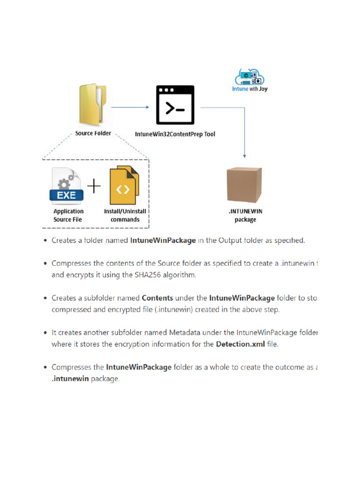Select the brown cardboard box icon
coord(244,185)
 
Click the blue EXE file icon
coord(67,186)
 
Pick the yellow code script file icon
coord(124,186)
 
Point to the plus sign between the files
coord(94,187)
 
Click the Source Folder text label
coord(93,133)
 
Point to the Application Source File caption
coord(68,215)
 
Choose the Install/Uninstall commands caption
coord(125,215)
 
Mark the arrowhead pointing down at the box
coord(245,155)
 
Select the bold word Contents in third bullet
coord(157,298)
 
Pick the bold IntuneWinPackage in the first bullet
coord(163,240)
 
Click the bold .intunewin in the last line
coord(68,379)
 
